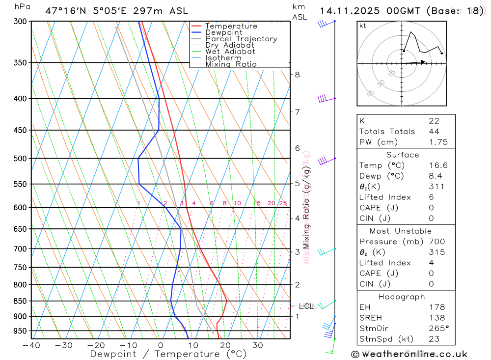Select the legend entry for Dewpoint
[x=223, y=32]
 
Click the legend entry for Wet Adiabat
[x=230, y=51]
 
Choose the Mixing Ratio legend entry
[x=231, y=64]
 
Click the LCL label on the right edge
[x=306, y=306]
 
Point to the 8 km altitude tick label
[x=298, y=75]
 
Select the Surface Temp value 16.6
[x=438, y=166]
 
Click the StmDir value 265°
[x=438, y=329]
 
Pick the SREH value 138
[x=436, y=318]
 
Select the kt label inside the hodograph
[x=363, y=26]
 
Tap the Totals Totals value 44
[x=434, y=131]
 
